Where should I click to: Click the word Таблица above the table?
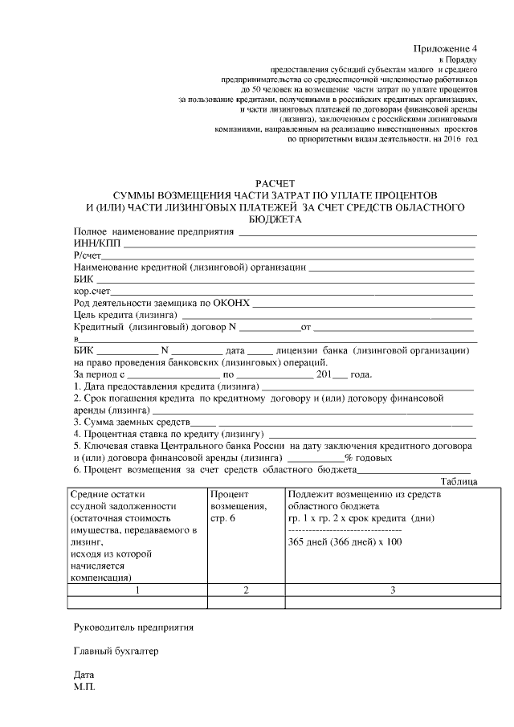[x=460, y=480]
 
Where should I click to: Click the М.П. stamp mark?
[x=84, y=688]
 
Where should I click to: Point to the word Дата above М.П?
[x=84, y=676]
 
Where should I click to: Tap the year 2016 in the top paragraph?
[x=444, y=139]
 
